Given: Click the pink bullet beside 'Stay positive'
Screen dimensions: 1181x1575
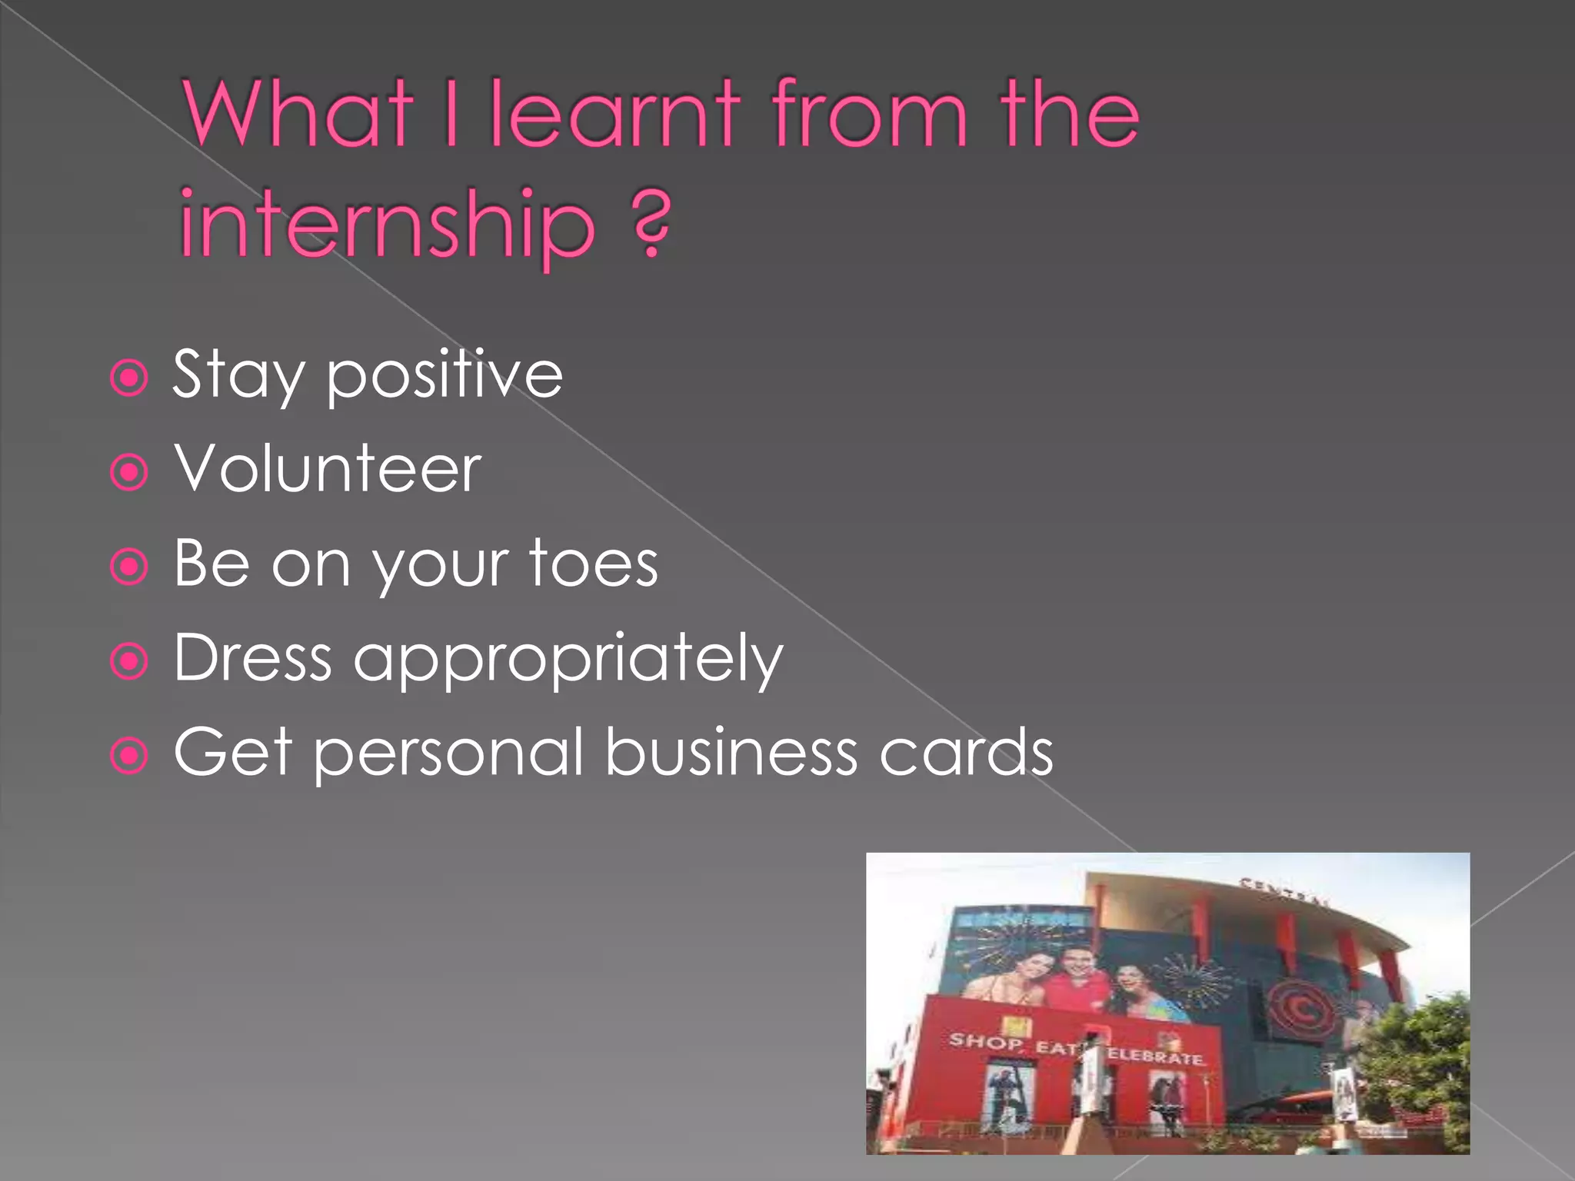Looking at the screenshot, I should (x=129, y=378).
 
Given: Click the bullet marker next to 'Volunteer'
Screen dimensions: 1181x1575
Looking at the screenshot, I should (x=129, y=472).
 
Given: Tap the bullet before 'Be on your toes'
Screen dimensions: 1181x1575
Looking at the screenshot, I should (x=129, y=567).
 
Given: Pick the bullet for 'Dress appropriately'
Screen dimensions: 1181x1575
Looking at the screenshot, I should (x=129, y=661).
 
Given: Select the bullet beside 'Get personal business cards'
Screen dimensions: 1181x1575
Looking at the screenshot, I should (x=129, y=756).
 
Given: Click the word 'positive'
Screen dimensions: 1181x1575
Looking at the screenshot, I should (x=445, y=375).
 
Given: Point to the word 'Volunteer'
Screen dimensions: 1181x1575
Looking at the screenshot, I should (x=328, y=469).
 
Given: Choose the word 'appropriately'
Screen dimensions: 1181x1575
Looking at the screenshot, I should (x=568, y=660).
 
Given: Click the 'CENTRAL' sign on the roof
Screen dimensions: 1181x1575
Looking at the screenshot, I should (x=1284, y=892).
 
